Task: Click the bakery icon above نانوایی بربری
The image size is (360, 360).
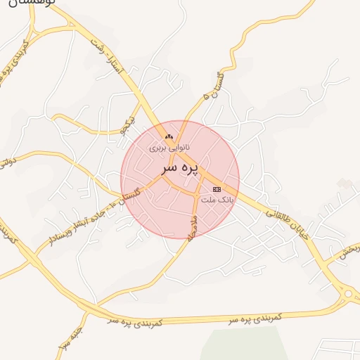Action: (x=167, y=136)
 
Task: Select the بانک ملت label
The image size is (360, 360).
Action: (x=217, y=200)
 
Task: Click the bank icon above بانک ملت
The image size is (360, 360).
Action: (x=217, y=189)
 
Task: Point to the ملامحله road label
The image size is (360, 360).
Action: (x=190, y=226)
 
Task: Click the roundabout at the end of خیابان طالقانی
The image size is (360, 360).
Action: (x=347, y=292)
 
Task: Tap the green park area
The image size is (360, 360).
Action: (x=246, y=345)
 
